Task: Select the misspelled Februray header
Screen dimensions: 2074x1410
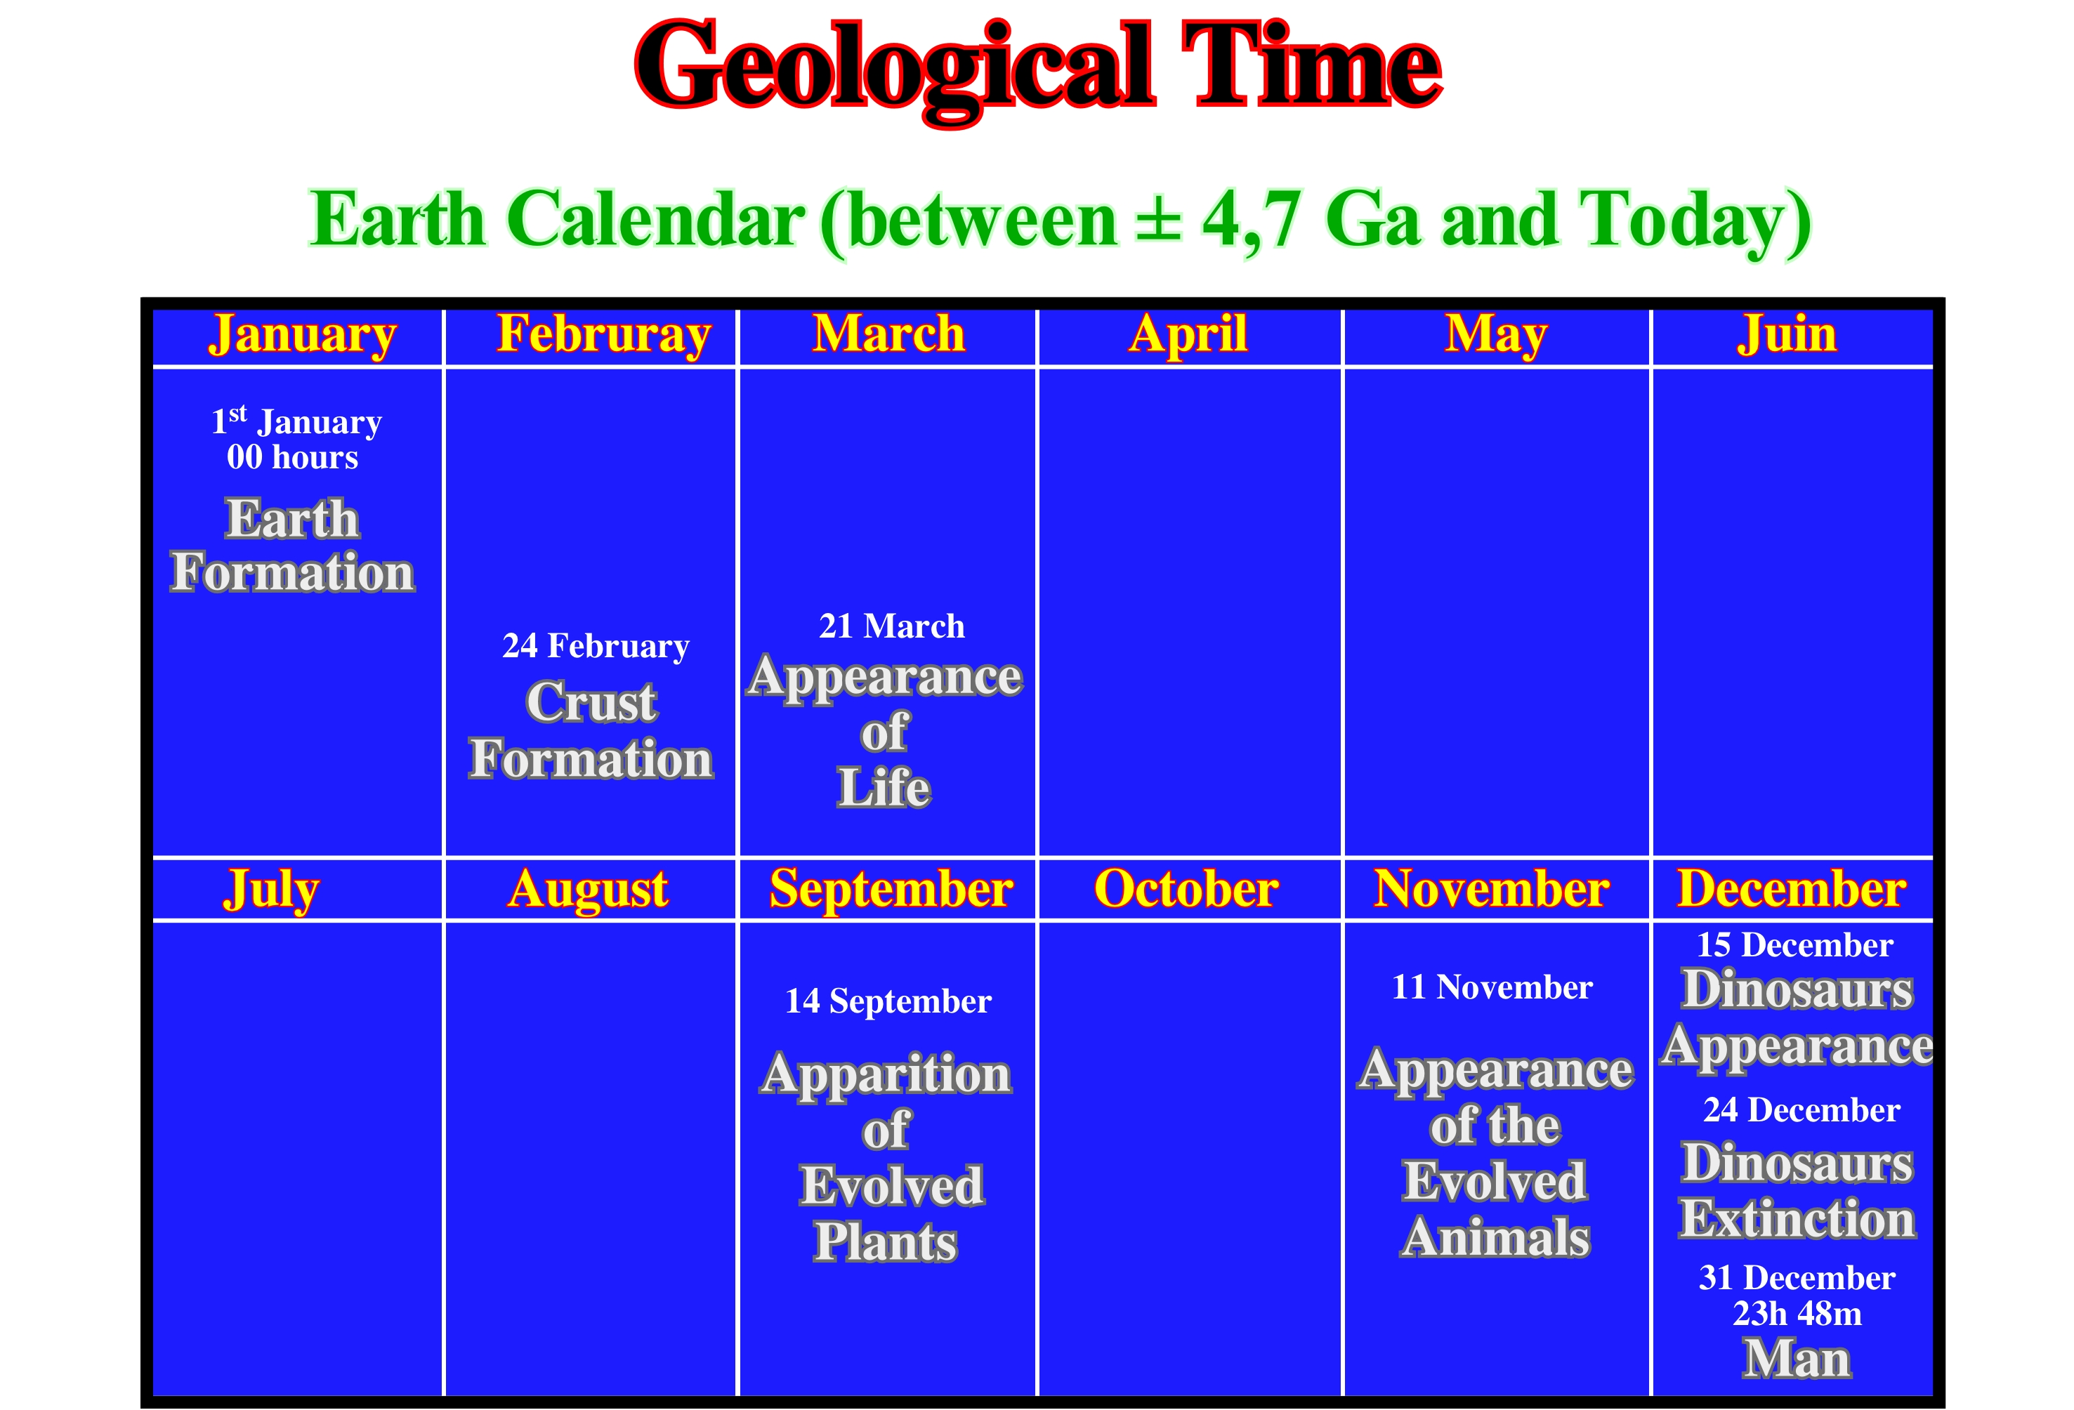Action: point(604,336)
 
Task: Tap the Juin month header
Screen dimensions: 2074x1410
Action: point(1787,336)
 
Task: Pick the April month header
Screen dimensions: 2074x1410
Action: point(1188,336)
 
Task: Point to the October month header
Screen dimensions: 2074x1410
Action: point(1186,889)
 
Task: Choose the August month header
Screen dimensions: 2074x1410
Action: point(588,890)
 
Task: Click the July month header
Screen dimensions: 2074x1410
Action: point(271,890)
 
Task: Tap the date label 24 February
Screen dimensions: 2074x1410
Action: point(596,646)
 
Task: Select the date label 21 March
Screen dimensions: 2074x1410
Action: point(891,626)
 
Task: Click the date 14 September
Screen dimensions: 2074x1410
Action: point(888,1002)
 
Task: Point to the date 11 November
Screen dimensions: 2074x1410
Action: point(1492,987)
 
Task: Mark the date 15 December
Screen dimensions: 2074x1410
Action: point(1794,945)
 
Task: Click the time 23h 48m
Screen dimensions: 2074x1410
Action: point(1797,1314)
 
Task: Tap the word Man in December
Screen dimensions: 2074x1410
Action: point(1797,1360)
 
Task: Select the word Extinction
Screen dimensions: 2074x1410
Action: point(1797,1220)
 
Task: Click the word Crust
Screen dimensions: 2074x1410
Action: point(591,702)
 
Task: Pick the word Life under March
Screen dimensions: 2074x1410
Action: point(884,788)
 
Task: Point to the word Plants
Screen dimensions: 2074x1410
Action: point(885,1242)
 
